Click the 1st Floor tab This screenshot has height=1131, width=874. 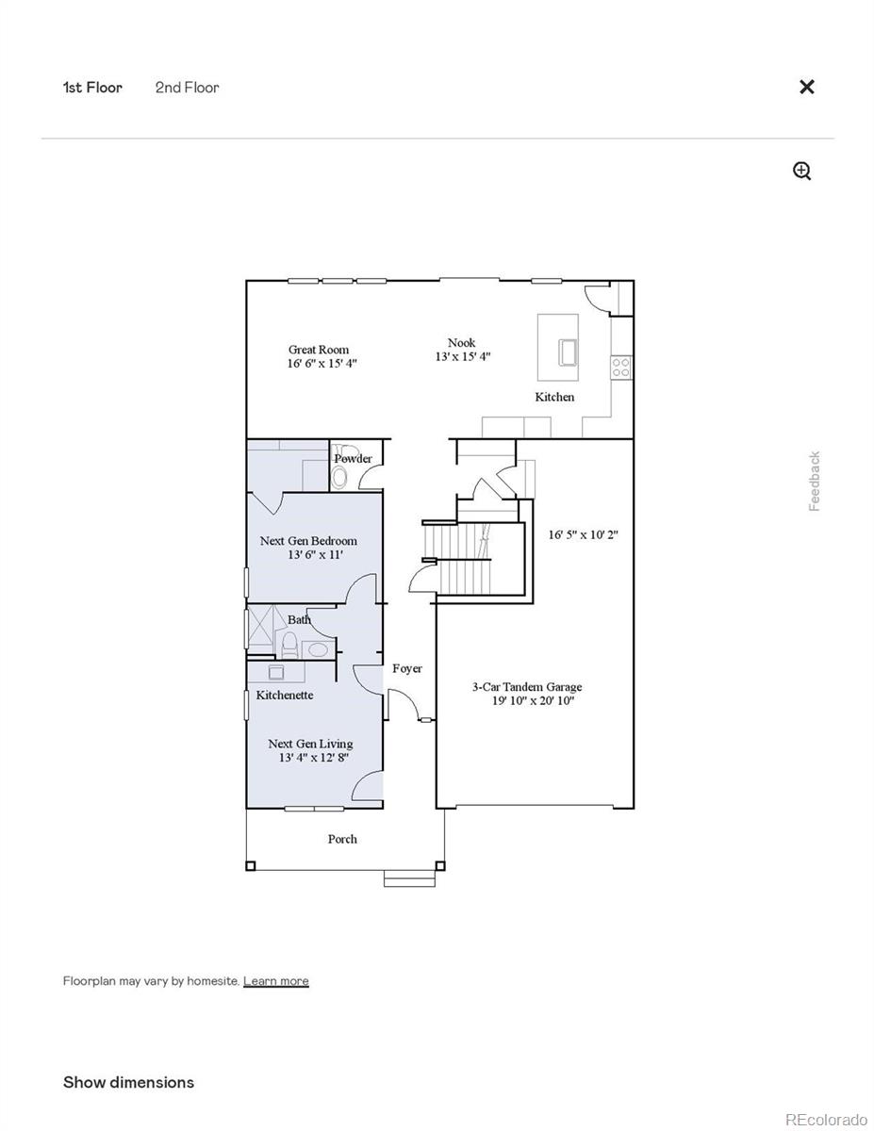[92, 88]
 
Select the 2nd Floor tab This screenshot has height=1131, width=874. [188, 88]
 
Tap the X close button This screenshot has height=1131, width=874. [807, 87]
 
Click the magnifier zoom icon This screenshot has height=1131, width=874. [802, 171]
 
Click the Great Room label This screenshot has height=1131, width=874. [319, 350]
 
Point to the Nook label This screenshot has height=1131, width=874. [462, 343]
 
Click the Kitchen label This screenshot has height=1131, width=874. [554, 397]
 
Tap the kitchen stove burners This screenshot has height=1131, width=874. [620, 367]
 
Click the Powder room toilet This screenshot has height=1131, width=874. [340, 479]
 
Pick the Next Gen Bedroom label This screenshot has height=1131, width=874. [308, 541]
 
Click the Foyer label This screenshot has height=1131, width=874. [407, 668]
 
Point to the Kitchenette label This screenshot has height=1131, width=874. [285, 695]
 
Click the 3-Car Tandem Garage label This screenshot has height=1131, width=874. [527, 687]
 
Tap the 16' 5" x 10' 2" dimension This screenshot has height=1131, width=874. [584, 534]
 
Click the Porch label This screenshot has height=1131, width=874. [342, 839]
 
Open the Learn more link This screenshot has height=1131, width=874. [275, 981]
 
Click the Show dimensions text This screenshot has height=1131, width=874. [128, 1082]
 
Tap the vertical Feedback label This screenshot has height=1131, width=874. [815, 482]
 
